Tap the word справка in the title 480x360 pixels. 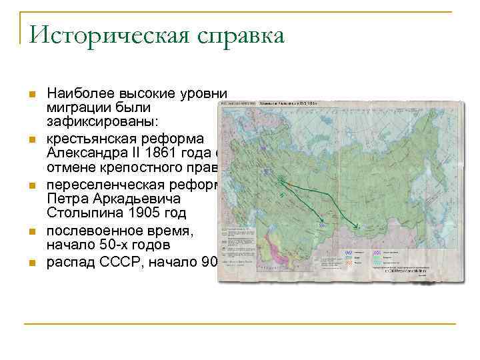(x=232, y=35)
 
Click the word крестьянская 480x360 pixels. (x=94, y=138)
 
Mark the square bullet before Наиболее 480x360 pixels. (x=31, y=94)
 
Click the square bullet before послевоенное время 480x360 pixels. (x=31, y=231)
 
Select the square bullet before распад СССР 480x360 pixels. (x=31, y=262)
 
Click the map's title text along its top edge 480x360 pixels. (x=287, y=104)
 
